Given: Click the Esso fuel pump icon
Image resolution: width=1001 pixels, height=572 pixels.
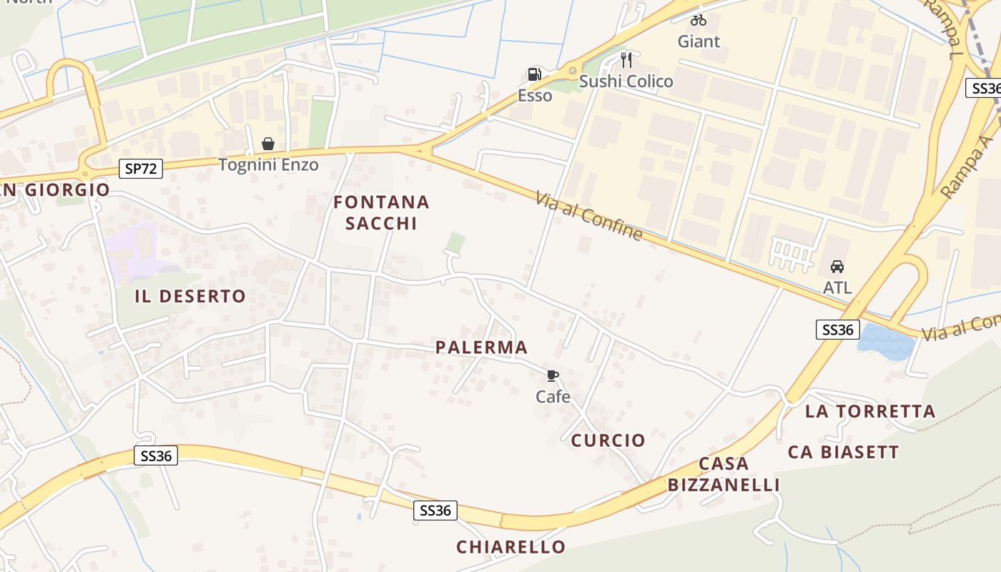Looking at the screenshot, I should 534,74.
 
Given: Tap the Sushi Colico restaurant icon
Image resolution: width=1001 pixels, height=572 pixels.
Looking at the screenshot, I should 626,59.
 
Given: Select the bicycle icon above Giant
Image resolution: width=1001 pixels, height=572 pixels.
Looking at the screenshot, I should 699,20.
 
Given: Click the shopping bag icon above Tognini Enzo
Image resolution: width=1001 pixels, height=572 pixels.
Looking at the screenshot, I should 268,144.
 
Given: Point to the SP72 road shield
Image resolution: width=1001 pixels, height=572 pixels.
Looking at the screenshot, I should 141,169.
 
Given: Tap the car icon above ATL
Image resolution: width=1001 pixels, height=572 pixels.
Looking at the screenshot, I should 837,267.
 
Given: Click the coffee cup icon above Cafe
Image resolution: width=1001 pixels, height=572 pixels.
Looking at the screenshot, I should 553,375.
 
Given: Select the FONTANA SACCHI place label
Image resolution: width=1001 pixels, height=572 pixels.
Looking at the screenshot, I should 381,213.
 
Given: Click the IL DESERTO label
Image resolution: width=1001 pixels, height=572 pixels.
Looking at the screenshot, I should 190,296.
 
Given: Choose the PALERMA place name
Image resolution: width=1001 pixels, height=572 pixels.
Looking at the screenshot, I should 482,347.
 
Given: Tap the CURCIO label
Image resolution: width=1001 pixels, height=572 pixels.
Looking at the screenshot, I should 608,440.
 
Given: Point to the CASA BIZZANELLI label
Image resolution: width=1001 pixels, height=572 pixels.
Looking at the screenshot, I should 724,474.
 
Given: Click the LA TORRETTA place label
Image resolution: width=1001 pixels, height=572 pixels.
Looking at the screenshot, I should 870,411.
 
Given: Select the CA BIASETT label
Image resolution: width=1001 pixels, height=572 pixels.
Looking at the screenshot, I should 844,452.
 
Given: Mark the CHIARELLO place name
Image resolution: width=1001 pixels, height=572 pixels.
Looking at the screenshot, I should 511,547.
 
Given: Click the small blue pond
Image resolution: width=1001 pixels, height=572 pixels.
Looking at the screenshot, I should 887,342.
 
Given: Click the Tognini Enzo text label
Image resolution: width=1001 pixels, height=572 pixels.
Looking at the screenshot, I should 268,164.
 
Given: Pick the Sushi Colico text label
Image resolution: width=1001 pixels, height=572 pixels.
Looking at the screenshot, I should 626,82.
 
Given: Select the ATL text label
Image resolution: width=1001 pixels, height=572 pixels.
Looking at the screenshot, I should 837,288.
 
